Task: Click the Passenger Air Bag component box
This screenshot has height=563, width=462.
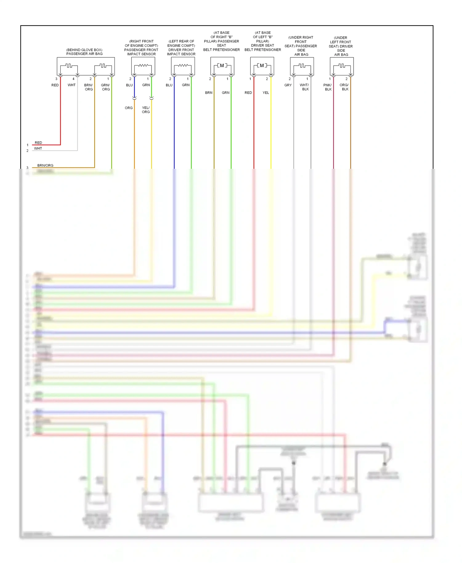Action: coord(86,66)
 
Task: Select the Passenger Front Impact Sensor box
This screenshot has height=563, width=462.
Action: coord(143,66)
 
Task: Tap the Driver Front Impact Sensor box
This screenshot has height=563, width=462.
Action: coord(183,66)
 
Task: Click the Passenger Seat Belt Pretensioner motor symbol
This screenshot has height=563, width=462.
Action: coord(222,66)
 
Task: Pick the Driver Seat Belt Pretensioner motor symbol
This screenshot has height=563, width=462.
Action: coord(262,66)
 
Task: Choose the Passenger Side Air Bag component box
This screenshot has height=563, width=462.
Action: coord(302,66)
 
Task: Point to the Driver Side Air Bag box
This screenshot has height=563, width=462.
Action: coord(342,66)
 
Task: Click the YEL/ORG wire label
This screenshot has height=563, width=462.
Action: coord(146,110)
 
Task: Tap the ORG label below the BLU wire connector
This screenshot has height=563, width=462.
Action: coord(129,108)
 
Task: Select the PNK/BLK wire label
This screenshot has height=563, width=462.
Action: coord(328,87)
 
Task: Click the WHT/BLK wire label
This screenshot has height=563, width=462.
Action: coord(304,87)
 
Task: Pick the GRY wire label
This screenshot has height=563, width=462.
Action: coord(288,85)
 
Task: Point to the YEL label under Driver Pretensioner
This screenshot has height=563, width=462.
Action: coord(266,93)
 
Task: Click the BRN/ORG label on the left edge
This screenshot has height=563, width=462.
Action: coord(45,165)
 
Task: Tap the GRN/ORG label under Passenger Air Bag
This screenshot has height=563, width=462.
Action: coord(105,87)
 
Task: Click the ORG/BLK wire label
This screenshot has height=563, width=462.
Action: coord(344,87)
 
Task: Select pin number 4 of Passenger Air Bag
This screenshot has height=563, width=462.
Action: coord(73,79)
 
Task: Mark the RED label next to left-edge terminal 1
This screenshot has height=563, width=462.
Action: coord(38,143)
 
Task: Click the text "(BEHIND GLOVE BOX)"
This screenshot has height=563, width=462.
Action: coord(84,50)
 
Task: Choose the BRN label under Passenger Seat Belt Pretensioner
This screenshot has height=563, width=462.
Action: coord(209,93)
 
